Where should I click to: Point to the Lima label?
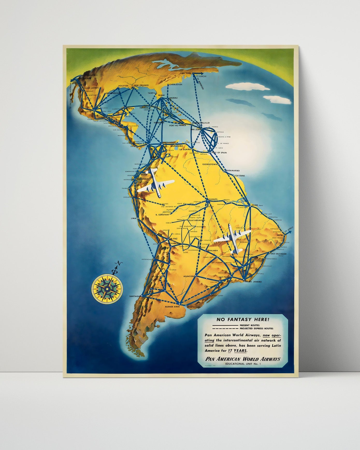pos(133,219)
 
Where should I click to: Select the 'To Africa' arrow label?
pos(289,229)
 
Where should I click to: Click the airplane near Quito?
pos(155,183)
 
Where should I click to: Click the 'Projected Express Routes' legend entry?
pos(256,328)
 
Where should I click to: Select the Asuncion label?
pos(189,277)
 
